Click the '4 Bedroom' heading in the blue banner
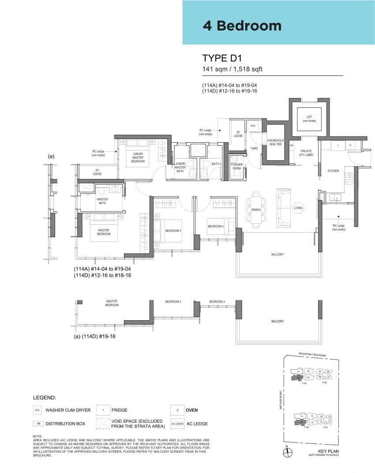point(242,26)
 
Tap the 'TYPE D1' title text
point(223,58)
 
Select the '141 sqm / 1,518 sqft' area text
point(232,69)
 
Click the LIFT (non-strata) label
point(309,118)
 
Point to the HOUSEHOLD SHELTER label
point(275,142)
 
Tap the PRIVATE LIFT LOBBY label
point(306,153)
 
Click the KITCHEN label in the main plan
point(333,171)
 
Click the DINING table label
point(256,209)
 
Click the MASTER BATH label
point(102,201)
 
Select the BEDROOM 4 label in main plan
point(216,226)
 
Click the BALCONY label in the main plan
point(277,254)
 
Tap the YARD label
point(254,148)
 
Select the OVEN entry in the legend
point(191,410)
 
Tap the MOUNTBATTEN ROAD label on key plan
point(312,354)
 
